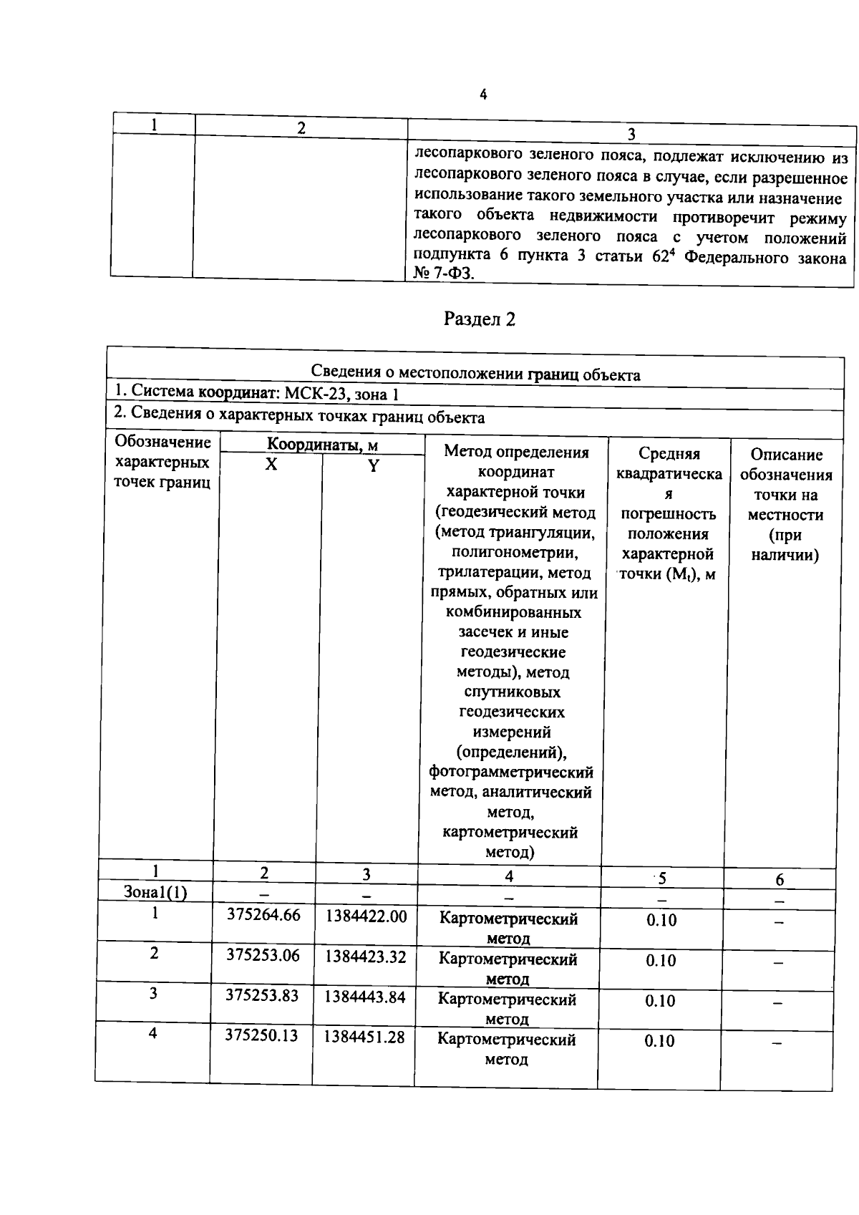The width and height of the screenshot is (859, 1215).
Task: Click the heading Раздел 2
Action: [x=479, y=319]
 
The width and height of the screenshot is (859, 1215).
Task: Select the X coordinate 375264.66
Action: [x=263, y=915]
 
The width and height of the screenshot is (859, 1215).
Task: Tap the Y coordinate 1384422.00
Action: [x=366, y=916]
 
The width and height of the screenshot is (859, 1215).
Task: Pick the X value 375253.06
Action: [x=263, y=955]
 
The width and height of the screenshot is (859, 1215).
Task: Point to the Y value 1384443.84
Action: [x=364, y=997]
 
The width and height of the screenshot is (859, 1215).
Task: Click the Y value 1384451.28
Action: [x=364, y=1037]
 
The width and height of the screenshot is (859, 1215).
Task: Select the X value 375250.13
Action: [x=261, y=1035]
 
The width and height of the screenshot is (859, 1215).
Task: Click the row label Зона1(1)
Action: [x=155, y=893]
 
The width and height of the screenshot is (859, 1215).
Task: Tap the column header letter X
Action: [x=271, y=465]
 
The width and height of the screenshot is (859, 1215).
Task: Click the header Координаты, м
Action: [x=322, y=445]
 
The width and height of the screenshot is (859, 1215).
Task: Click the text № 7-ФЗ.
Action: [x=443, y=274]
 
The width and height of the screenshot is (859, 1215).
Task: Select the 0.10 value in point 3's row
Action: [x=660, y=1001]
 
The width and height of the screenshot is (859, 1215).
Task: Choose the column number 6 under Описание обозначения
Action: [x=780, y=879]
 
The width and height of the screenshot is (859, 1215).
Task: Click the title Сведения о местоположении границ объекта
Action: [x=475, y=374]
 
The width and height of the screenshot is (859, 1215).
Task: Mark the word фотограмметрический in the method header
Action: [x=511, y=773]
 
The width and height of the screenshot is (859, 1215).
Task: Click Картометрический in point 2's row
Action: [x=508, y=959]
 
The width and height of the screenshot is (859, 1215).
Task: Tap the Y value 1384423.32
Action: [x=365, y=957]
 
